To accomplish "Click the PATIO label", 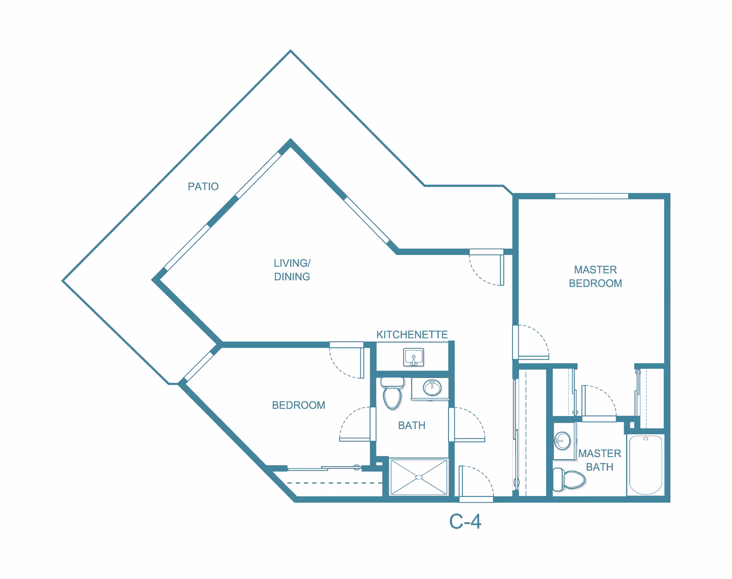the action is tap(203, 186).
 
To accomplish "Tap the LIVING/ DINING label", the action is tap(292, 270).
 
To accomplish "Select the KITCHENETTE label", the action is tap(412, 335).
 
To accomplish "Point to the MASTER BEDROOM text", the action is tap(596, 276).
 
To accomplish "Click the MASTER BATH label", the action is tap(600, 460).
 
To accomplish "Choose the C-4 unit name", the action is tap(465, 521).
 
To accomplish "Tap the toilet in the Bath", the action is tap(392, 393).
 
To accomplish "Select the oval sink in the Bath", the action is tap(432, 388).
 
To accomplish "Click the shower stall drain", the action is tap(419, 477).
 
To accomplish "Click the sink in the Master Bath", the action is tap(563, 441).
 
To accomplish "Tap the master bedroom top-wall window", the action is tap(592, 196).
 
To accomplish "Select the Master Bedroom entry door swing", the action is tap(531, 342).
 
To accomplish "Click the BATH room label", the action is tap(412, 425).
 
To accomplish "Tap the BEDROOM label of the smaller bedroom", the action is tap(299, 405).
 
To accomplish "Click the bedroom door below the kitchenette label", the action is tap(347, 360).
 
